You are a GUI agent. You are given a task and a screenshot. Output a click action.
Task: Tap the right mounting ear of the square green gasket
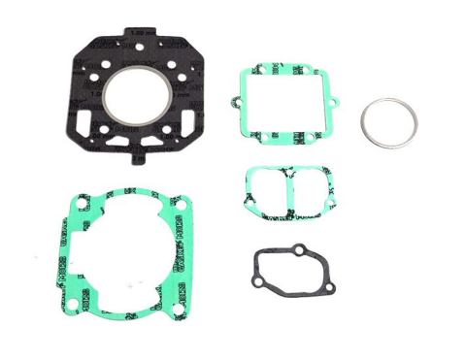click(x=336, y=103)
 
